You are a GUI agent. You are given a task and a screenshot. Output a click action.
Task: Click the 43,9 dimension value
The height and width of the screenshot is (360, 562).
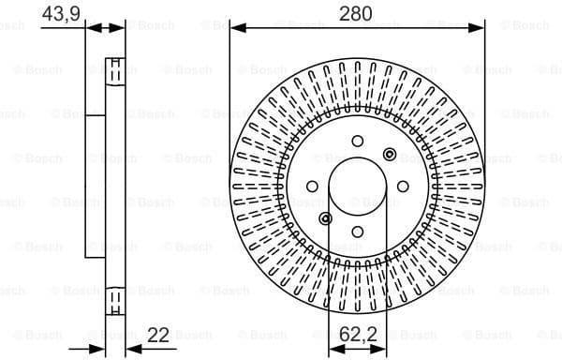tap(58, 13)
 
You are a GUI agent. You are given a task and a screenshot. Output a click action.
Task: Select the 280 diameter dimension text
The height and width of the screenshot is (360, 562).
tap(357, 13)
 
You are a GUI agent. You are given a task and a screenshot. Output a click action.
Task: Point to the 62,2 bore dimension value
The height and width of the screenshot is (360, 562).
tap(359, 332)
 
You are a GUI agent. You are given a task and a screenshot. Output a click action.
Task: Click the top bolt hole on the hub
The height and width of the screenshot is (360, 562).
tap(357, 141)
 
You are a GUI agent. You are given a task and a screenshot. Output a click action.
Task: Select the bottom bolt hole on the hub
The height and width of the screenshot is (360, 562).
tap(357, 233)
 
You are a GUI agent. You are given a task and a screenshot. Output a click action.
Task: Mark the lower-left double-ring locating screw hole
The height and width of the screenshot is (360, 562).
tap(325, 219)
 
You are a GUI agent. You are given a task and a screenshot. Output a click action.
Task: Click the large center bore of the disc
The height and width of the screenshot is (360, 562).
tap(357, 187)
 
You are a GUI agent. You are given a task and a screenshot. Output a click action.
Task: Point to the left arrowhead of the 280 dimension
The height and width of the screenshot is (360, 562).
tap(235, 28)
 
